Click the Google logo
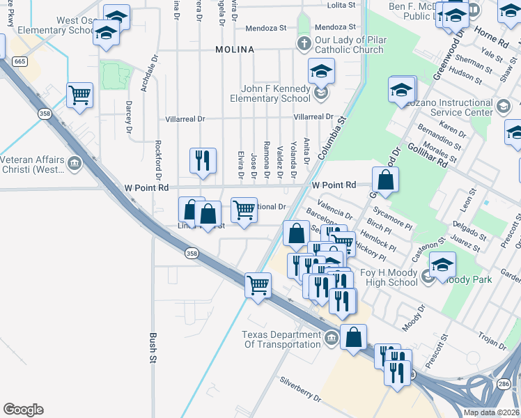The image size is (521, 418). coord(23,410)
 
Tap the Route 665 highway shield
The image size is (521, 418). coord(20,62)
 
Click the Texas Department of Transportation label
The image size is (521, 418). coord(281,339)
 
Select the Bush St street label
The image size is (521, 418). coord(153,349)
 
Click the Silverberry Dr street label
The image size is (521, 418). coord(300,390)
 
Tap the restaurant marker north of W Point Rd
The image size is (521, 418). coord(203,160)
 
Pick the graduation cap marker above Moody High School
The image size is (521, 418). coord(443,265)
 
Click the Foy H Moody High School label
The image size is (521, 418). coord(389,277)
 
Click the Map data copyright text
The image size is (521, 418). coord(491,412)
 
